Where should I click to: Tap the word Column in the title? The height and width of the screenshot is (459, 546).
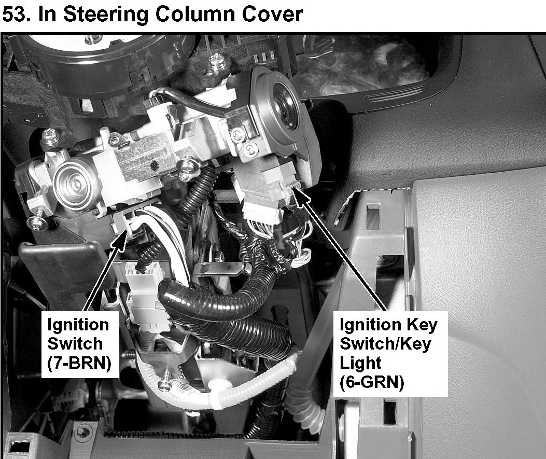click(195, 15)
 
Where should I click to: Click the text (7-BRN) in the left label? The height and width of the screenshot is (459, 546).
click(79, 363)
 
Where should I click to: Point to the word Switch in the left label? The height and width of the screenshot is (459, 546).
click(75, 344)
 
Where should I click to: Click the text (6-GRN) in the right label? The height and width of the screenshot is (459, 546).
click(372, 382)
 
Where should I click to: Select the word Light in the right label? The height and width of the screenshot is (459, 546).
click(360, 363)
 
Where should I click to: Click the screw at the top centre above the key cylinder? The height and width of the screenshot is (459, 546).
click(217, 62)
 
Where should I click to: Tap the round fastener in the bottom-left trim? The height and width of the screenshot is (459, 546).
click(83, 433)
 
